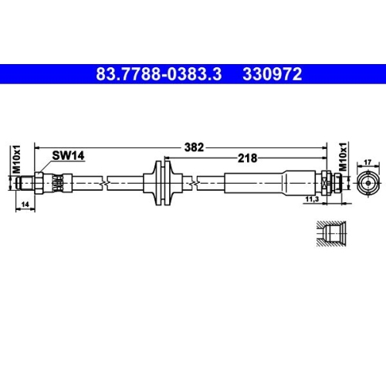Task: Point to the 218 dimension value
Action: pyautogui.click(x=249, y=157)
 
